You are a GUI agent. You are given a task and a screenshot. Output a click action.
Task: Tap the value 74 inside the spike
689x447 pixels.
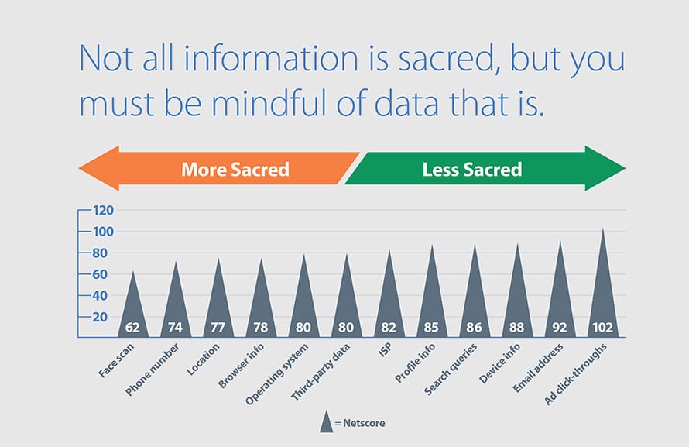175,328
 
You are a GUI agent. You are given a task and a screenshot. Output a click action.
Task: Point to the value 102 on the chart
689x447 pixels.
602,328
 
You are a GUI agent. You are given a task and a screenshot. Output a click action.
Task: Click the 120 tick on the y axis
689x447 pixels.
103,210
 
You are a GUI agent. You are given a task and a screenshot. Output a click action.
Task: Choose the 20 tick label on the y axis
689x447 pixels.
100,317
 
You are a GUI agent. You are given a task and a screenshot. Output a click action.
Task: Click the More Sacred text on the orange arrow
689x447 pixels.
235,169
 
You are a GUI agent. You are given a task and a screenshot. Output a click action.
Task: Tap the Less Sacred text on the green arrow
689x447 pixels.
472,169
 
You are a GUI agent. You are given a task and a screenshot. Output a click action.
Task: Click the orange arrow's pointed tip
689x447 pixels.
79,168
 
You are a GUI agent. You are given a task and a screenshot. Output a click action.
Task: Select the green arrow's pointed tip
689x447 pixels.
625,168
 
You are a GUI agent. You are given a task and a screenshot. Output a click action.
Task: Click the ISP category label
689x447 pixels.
385,350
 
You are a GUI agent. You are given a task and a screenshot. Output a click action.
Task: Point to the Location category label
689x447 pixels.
203,359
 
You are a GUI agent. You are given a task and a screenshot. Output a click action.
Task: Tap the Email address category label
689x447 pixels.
538,368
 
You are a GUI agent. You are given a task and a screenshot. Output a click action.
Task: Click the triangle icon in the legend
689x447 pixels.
326,421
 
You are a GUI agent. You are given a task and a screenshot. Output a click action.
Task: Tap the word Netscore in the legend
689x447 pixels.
364,423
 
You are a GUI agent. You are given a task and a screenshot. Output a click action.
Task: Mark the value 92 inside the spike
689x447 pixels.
560,328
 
